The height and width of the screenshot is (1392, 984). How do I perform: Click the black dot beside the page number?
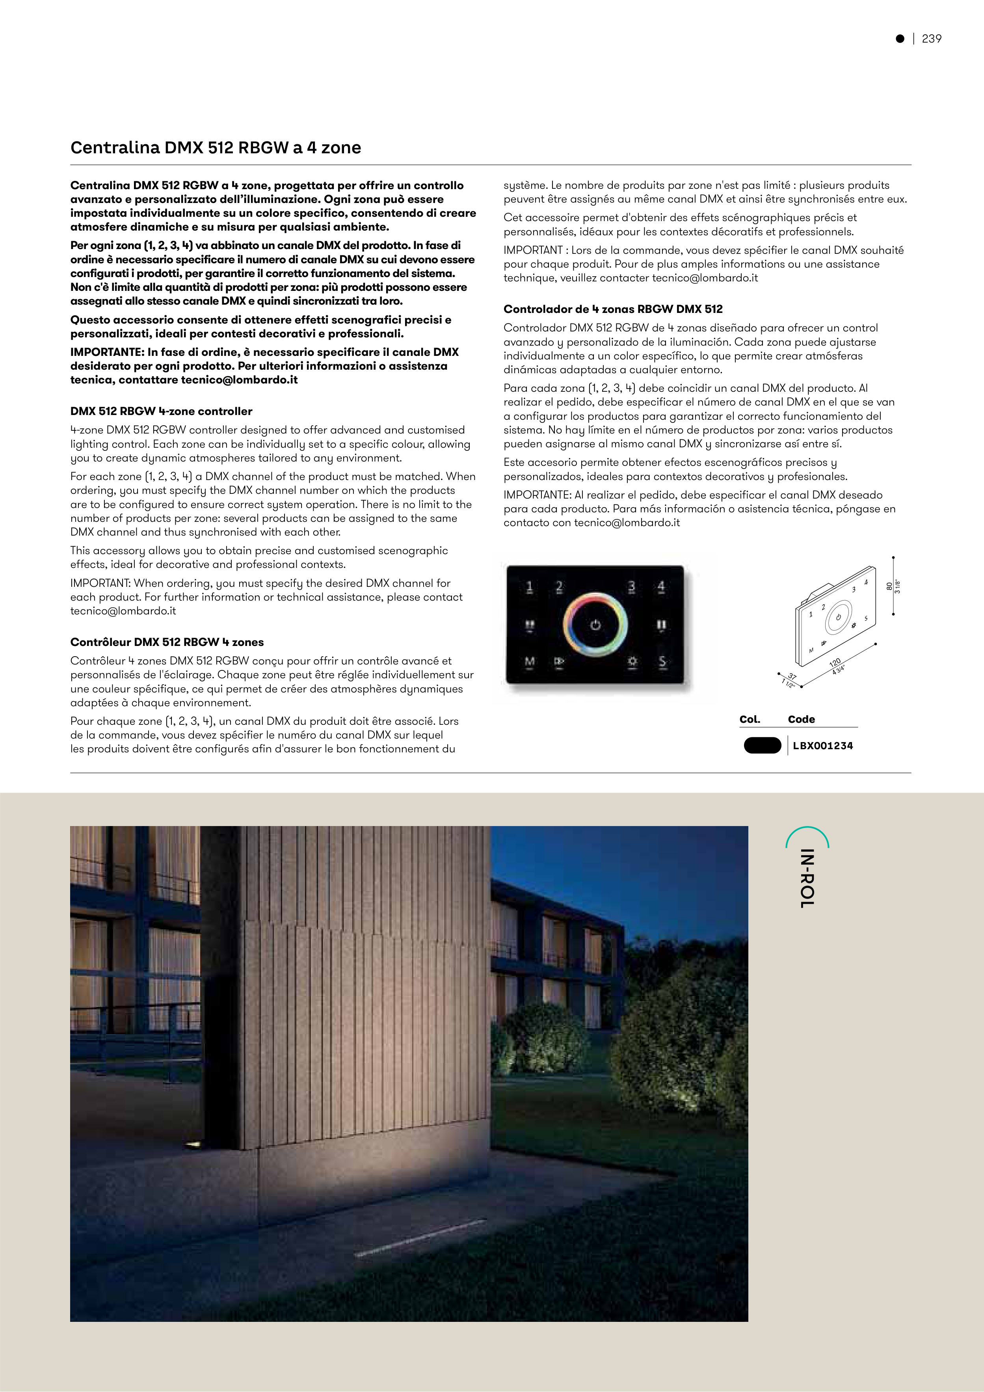(900, 39)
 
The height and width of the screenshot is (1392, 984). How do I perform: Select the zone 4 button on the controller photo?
(662, 587)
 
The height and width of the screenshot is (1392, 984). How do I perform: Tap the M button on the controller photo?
(529, 661)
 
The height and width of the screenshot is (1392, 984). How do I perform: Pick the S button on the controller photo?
(662, 661)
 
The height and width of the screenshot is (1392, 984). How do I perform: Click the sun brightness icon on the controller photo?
(632, 661)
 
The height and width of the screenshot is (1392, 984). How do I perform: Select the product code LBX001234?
(823, 746)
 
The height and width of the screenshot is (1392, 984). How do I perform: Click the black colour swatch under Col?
(762, 746)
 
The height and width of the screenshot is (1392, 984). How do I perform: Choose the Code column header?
(801, 719)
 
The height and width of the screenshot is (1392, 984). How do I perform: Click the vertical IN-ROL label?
(807, 878)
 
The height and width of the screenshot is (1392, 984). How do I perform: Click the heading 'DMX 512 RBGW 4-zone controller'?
(161, 411)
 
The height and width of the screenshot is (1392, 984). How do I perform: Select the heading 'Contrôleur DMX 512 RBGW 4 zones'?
(167, 642)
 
